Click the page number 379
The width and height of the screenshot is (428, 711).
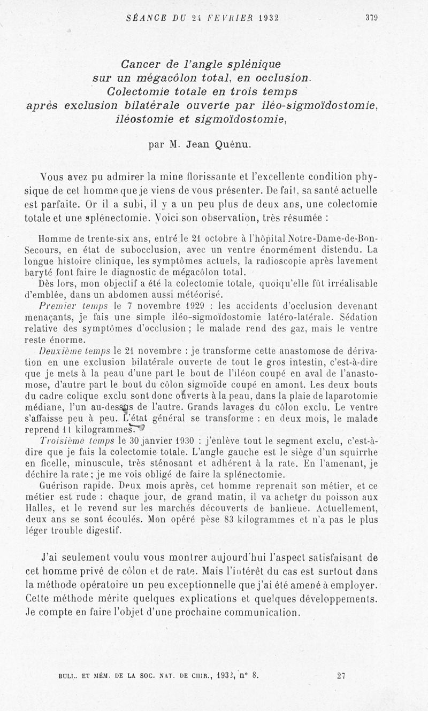click(x=372, y=17)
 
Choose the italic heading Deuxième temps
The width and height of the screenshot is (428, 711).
click(x=75, y=351)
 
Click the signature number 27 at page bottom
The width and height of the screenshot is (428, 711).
click(x=341, y=675)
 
